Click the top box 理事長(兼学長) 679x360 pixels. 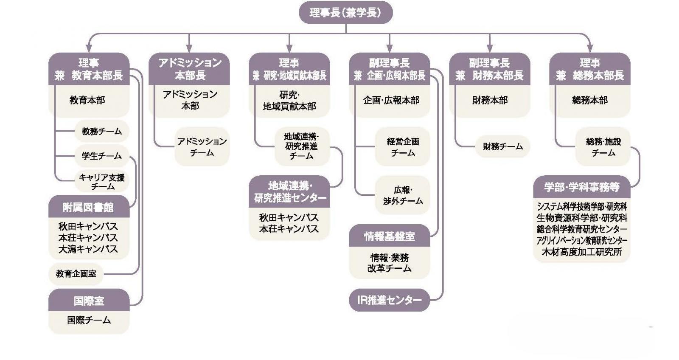(x=345, y=13)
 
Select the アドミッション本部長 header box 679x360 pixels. (x=189, y=69)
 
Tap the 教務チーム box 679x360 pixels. (x=101, y=132)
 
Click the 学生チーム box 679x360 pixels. (x=101, y=156)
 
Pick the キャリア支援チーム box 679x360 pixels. (x=102, y=182)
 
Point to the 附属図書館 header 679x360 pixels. (x=88, y=207)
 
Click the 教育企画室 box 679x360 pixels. (x=76, y=274)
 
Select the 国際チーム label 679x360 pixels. (x=89, y=320)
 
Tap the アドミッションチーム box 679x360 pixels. (x=202, y=146)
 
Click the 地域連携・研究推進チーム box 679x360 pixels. (x=301, y=146)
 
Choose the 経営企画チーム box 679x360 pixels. (x=402, y=146)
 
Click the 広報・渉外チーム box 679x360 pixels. (x=402, y=195)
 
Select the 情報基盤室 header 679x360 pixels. (x=389, y=236)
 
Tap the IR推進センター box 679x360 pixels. (x=389, y=301)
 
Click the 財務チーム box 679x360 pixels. (x=502, y=146)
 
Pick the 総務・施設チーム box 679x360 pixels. (x=603, y=146)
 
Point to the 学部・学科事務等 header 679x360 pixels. (x=581, y=187)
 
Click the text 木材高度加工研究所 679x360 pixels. (x=581, y=252)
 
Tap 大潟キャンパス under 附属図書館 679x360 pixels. (x=88, y=249)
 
